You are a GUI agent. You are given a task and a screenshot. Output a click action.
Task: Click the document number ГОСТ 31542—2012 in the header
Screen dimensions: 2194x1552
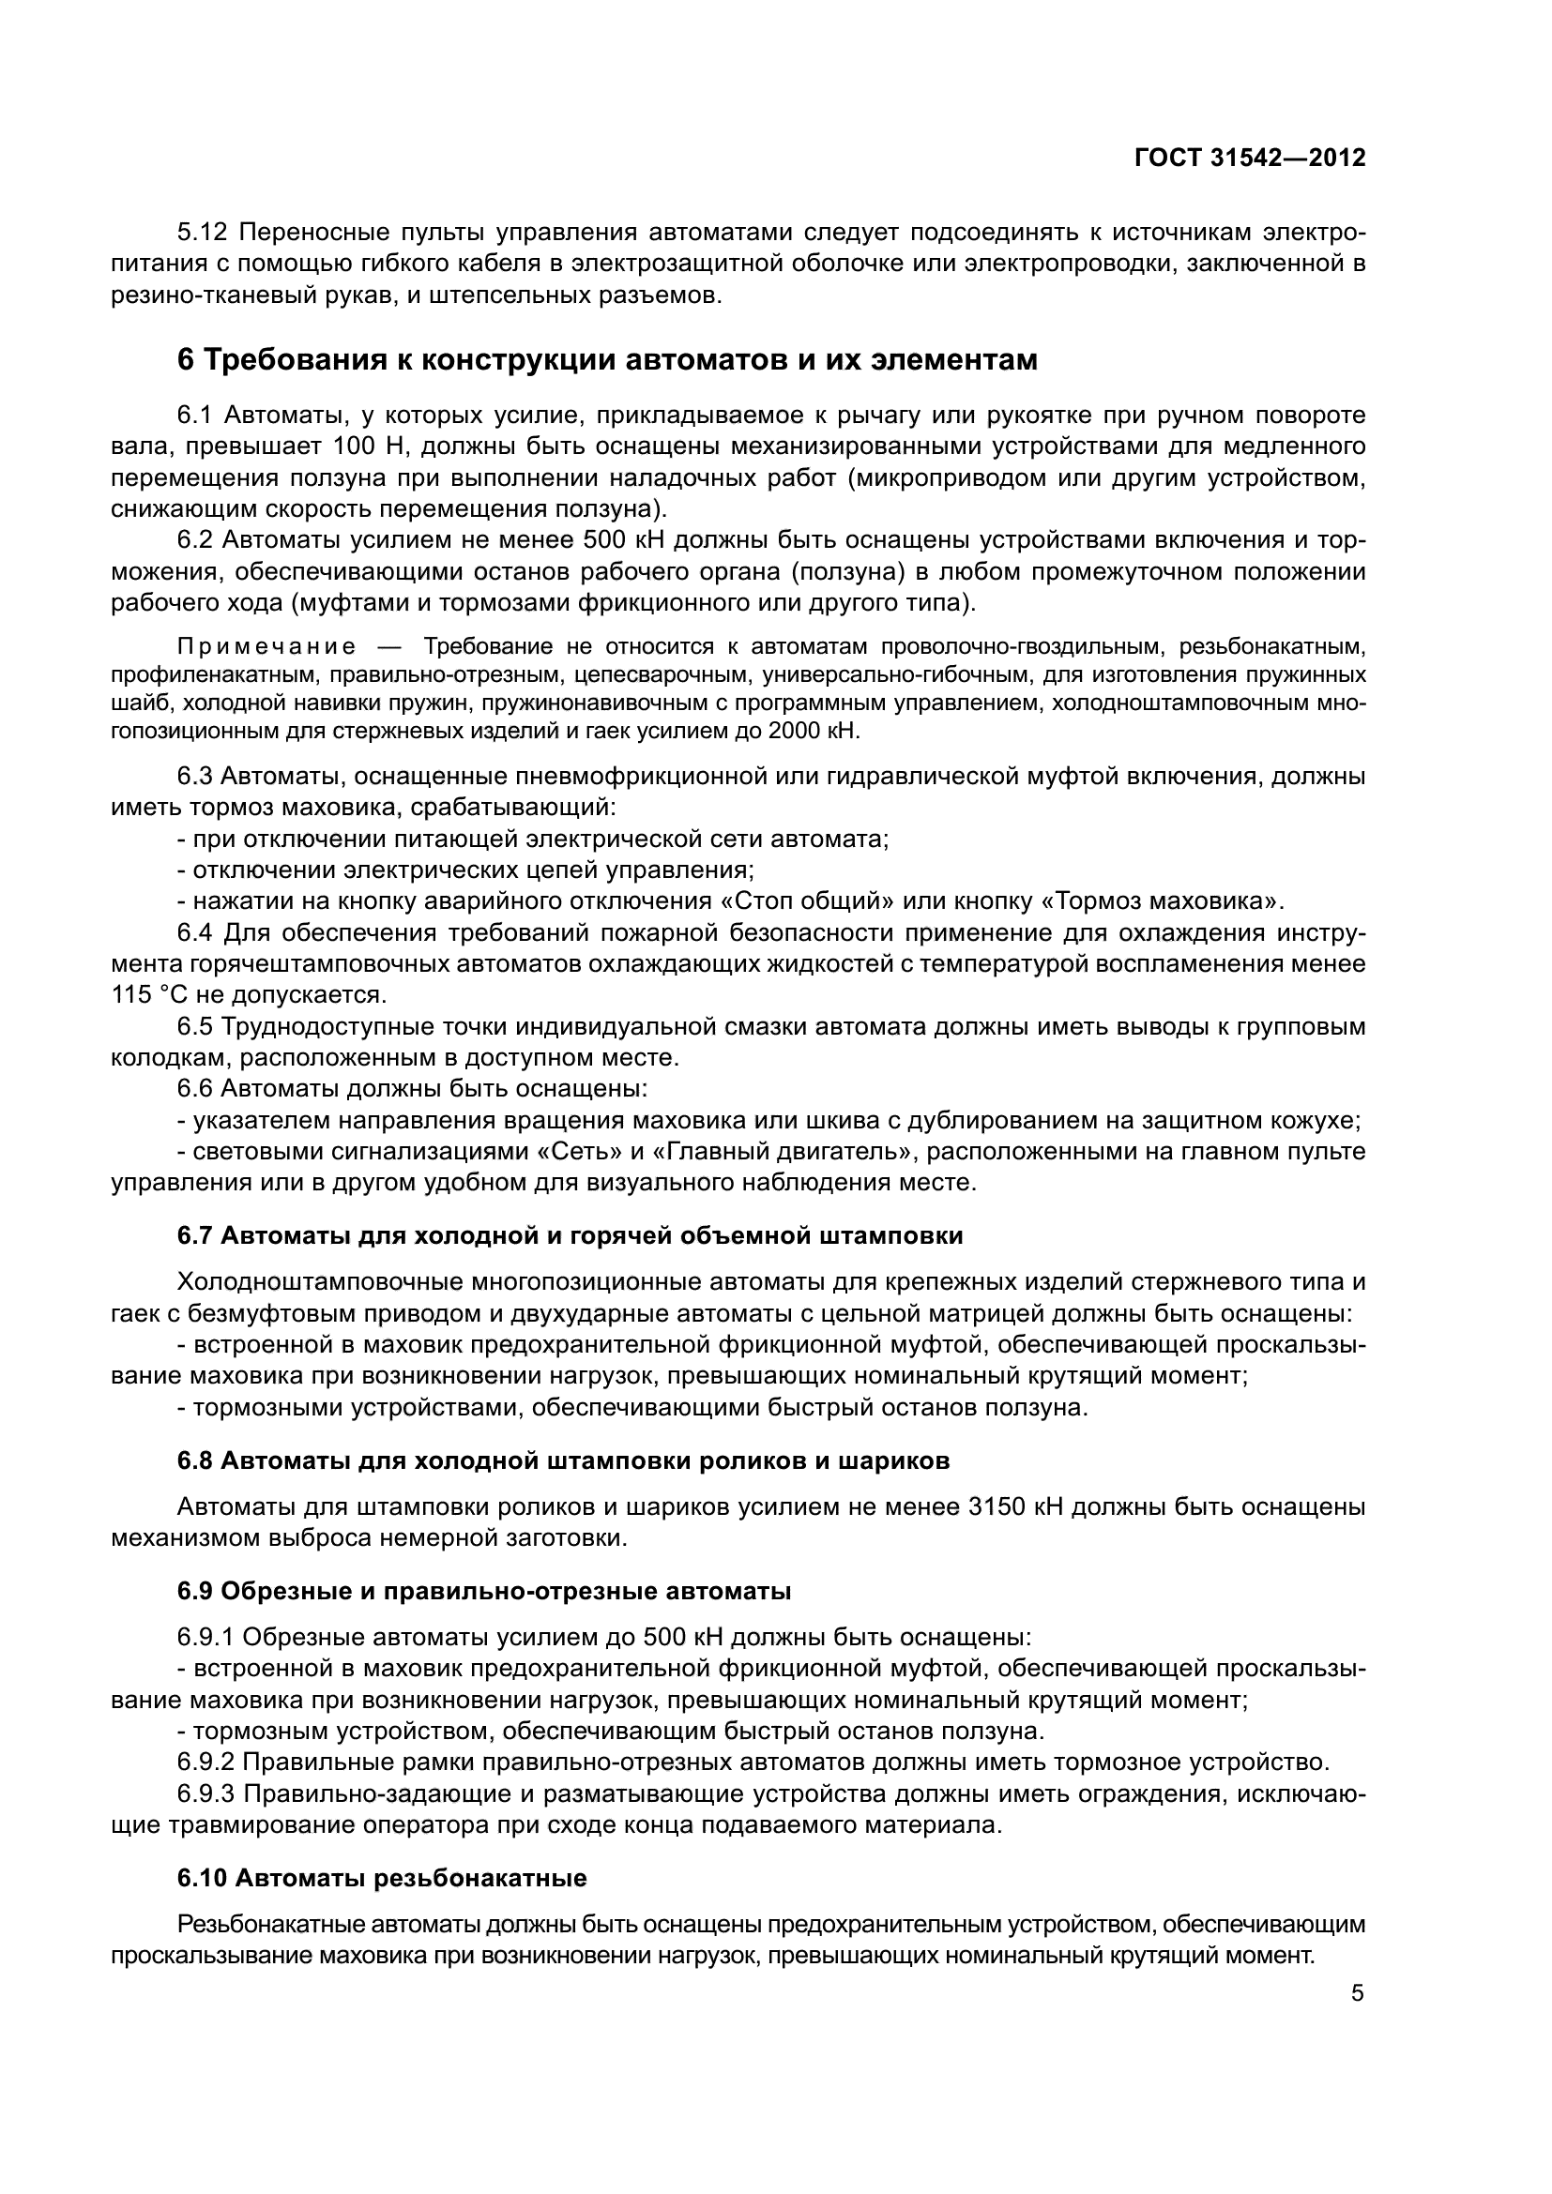[x=1249, y=159]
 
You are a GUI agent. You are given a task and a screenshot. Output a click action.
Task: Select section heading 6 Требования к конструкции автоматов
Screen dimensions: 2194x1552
[x=607, y=360]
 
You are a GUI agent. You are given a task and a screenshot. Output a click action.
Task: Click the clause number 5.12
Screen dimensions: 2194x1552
[x=203, y=233]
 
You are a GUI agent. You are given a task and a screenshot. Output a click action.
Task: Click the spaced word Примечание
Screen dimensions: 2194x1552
[x=266, y=647]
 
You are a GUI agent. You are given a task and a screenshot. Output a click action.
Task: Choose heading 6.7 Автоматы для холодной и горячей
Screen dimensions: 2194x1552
[x=570, y=1235]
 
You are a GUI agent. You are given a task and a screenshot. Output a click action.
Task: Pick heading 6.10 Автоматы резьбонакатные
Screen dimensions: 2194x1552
[x=381, y=1878]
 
